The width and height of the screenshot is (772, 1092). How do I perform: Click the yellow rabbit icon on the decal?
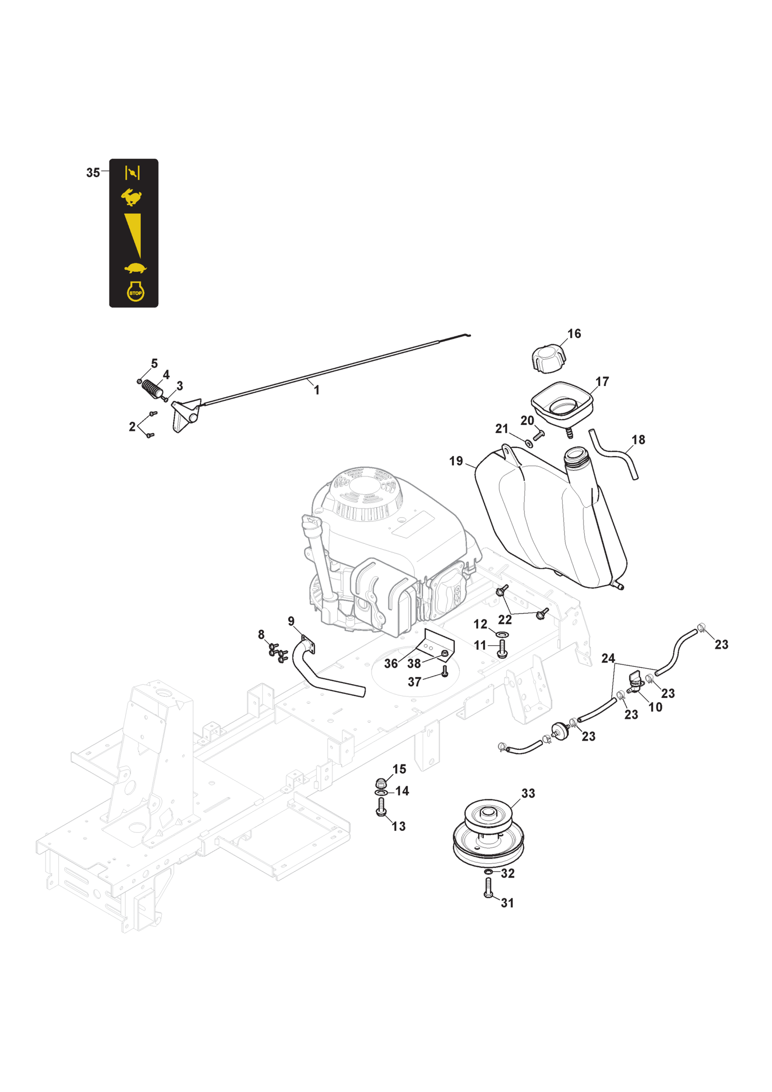(x=131, y=197)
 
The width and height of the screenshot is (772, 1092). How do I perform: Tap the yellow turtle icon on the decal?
(x=135, y=268)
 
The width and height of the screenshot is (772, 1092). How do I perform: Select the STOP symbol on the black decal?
(x=135, y=292)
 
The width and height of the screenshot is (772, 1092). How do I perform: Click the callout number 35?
(x=93, y=173)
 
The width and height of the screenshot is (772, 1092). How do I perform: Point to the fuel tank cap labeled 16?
(x=549, y=359)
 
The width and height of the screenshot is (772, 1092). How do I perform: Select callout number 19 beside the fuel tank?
(x=455, y=461)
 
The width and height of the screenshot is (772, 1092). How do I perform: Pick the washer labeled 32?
(x=488, y=871)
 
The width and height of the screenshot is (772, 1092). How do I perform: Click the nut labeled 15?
(x=381, y=782)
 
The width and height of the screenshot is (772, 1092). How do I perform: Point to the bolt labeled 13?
(x=381, y=807)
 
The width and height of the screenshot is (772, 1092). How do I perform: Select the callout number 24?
(x=608, y=658)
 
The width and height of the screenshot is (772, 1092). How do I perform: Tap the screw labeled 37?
(x=444, y=671)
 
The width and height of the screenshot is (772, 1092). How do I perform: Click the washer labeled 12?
(x=502, y=634)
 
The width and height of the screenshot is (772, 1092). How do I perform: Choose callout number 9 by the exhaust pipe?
(x=291, y=621)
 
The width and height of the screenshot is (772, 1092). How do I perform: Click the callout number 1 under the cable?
(x=317, y=390)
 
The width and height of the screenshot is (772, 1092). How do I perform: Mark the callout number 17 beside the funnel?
(x=602, y=382)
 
